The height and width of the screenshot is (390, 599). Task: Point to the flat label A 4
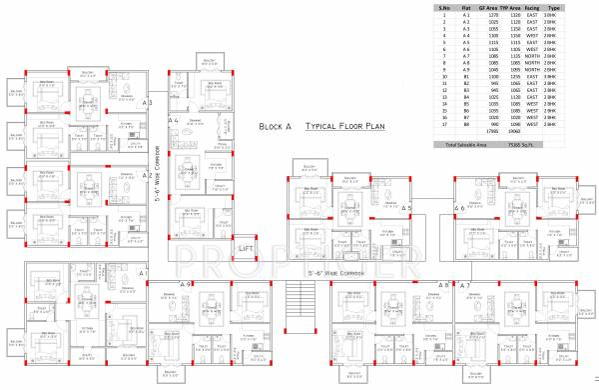coord(173,120)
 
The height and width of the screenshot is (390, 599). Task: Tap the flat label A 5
coord(405,207)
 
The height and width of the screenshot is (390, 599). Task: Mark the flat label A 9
coord(185,285)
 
